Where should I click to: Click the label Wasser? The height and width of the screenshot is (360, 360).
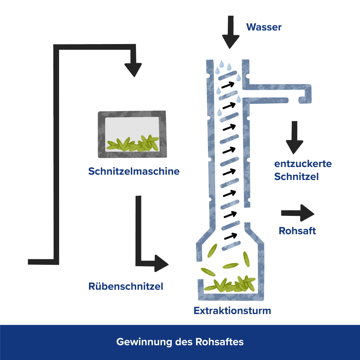tap(264, 27)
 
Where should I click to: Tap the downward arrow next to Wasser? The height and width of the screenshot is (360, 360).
tap(231, 32)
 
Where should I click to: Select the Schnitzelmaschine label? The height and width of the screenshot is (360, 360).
tap(134, 171)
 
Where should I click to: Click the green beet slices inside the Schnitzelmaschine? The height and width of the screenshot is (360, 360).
tap(133, 143)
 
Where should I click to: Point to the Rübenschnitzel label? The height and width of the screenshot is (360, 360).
tap(126, 286)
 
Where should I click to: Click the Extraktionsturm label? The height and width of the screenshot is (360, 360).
tap(232, 310)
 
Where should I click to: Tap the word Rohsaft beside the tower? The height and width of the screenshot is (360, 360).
tap(297, 231)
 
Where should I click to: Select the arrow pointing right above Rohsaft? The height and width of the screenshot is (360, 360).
tap(297, 213)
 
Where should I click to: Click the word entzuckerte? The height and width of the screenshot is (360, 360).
tap(303, 164)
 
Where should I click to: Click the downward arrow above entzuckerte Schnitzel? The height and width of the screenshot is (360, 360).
tap(294, 137)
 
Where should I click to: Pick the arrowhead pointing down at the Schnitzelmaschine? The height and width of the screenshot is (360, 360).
tap(133, 70)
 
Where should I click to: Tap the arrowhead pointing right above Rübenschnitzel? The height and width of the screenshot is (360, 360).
tap(162, 263)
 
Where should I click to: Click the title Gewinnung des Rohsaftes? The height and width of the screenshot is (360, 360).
tap(180, 342)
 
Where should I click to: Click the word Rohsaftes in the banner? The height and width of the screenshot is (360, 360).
tap(220, 342)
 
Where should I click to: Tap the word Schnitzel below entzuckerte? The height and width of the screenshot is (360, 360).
tap(296, 177)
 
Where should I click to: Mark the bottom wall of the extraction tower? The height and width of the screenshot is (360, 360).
tap(231, 296)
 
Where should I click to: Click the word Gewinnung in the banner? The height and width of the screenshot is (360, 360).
tap(144, 342)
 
